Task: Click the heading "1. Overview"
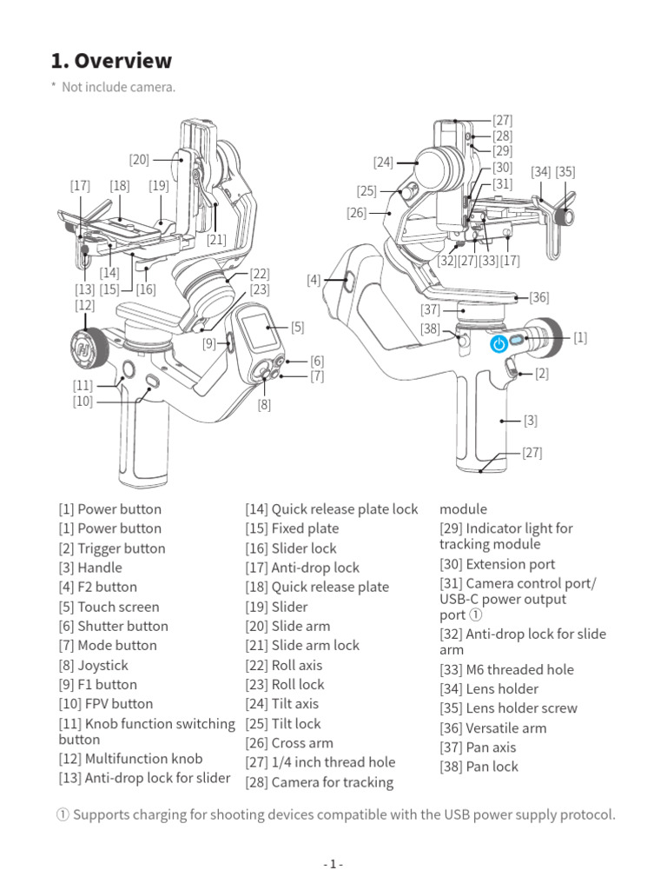111,61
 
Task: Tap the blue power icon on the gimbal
499,344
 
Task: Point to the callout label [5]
298,328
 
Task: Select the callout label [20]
139,159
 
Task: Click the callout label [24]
384,162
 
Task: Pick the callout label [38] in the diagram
431,329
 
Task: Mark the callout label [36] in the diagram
539,297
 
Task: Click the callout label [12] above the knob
84,305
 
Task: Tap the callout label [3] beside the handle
530,421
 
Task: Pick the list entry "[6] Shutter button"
113,626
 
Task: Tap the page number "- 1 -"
333,864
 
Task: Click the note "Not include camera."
118,87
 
